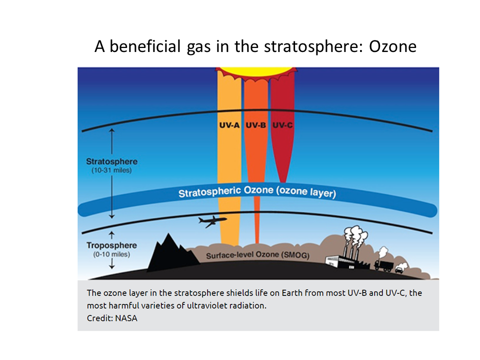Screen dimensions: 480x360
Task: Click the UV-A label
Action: tap(229, 125)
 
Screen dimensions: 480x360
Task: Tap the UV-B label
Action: tap(256, 125)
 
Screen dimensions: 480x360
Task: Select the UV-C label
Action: tap(282, 125)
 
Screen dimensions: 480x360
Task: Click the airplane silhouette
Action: tap(212, 221)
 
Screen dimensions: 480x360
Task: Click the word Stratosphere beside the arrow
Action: tap(111, 161)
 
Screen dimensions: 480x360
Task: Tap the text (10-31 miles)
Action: tap(111, 170)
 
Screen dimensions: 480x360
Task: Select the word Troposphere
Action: tap(111, 245)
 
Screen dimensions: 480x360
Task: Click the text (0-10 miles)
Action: tap(111, 254)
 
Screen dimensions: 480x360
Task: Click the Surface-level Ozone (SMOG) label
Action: tap(258, 255)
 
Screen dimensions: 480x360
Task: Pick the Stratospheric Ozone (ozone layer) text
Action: tap(257, 192)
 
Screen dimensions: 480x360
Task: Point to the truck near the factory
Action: tap(384, 265)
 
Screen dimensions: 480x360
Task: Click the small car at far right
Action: tap(399, 269)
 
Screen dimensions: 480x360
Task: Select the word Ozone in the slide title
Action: tap(393, 46)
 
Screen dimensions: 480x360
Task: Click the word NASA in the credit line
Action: tap(126, 318)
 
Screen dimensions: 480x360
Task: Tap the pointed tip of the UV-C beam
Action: tap(283, 182)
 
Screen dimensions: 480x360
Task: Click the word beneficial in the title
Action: tap(145, 46)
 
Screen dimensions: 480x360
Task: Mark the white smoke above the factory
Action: tap(355, 235)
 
